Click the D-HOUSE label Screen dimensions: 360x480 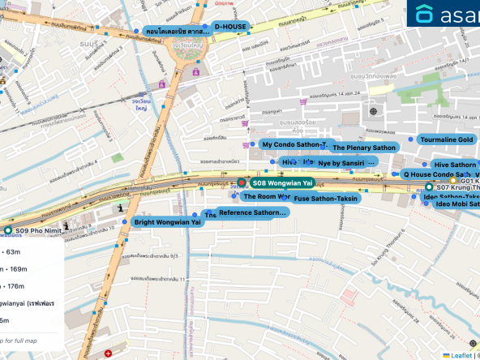(x=229, y=27)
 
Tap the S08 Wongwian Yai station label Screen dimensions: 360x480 (x=281, y=183)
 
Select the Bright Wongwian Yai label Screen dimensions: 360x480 (x=167, y=221)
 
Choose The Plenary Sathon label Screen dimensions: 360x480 (x=363, y=148)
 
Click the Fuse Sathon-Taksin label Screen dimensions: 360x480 (x=326, y=198)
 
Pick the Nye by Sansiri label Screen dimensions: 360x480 (x=346, y=163)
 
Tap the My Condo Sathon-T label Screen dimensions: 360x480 (x=294, y=144)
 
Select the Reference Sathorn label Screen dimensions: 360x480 (x=252, y=212)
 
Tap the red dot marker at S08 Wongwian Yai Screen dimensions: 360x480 (x=241, y=184)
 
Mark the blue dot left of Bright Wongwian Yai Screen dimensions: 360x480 (x=125, y=221)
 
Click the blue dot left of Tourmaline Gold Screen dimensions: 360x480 (x=411, y=140)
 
